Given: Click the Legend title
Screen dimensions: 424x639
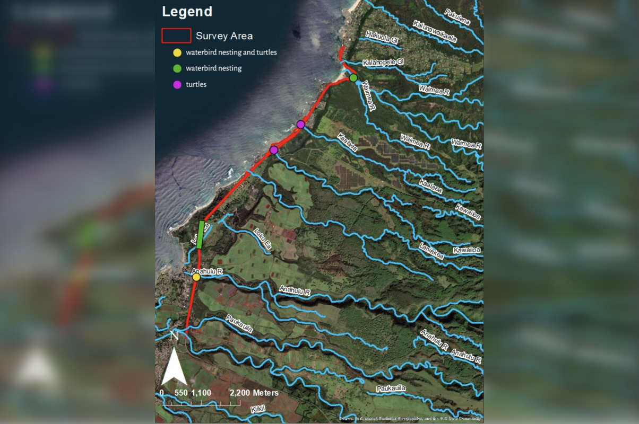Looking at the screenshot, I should click(187, 12).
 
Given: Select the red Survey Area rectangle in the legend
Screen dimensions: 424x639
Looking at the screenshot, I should click(176, 36).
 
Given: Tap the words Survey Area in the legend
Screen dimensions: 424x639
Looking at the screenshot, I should click(224, 36).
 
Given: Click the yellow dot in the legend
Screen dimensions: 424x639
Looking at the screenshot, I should click(177, 52).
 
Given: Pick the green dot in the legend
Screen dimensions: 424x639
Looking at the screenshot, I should click(177, 68).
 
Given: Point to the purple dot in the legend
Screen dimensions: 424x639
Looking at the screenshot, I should click(177, 84).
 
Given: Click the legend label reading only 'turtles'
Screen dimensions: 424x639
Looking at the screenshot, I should click(196, 84).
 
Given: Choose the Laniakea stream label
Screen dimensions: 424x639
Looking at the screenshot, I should click(431, 251).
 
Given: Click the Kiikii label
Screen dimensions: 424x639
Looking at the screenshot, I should click(259, 410).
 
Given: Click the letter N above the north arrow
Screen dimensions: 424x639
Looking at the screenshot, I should click(174, 335).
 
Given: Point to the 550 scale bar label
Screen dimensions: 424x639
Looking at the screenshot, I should click(182, 393).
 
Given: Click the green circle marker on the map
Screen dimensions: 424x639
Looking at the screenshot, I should click(353, 78).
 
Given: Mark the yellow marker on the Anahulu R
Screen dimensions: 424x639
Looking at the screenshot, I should click(196, 277).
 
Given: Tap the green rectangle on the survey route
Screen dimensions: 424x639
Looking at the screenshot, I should click(201, 234).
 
